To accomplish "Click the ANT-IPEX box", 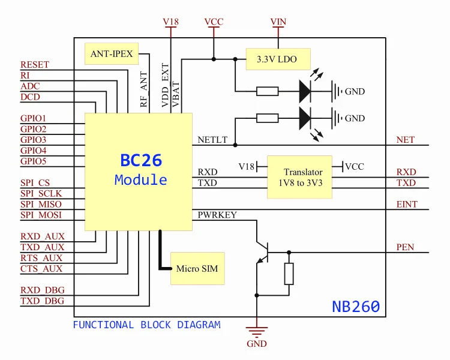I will [112, 54].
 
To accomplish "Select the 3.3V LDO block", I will [278, 59].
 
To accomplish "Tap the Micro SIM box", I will [197, 268].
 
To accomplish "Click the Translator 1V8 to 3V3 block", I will [303, 178].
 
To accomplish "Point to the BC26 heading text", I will [141, 161].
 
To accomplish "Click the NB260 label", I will [356, 307].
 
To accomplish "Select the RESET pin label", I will [35, 65].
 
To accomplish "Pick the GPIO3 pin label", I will [34, 140].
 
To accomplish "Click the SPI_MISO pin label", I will [41, 205].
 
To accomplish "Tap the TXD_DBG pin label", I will [43, 301].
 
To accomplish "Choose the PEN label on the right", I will [406, 247].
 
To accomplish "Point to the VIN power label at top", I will [278, 22].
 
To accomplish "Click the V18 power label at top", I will [171, 22].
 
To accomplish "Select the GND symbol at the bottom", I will [257, 333].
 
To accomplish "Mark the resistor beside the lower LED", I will [267, 118].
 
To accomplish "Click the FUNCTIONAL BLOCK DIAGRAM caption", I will [146, 325].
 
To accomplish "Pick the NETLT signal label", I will [212, 140].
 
